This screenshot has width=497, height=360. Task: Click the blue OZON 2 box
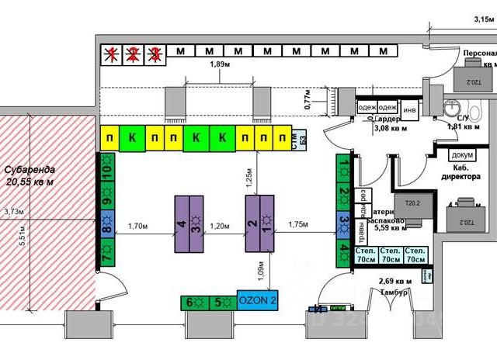click(257, 302)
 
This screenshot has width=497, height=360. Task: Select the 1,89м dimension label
click(223, 65)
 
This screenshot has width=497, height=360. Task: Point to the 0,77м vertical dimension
click(308, 99)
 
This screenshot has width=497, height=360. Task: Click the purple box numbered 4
click(181, 225)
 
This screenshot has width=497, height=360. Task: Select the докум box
click(462, 154)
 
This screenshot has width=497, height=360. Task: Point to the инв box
click(409, 109)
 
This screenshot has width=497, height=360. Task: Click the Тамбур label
click(396, 292)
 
